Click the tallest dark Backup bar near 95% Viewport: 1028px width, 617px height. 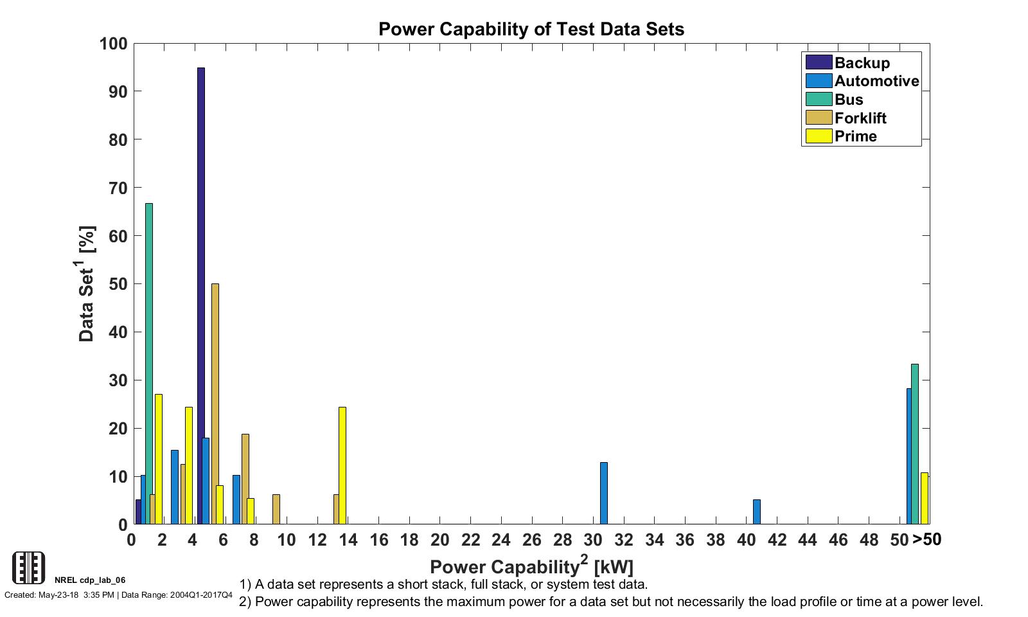click(x=201, y=296)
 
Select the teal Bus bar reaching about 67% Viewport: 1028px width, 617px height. click(x=149, y=363)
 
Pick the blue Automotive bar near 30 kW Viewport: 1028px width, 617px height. click(x=604, y=493)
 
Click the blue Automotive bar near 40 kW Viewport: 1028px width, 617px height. click(x=757, y=512)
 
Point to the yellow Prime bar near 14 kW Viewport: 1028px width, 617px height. click(x=342, y=465)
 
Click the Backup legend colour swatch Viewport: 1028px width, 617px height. click(x=819, y=62)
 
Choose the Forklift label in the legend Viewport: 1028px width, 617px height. click(x=860, y=118)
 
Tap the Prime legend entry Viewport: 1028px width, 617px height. click(x=855, y=136)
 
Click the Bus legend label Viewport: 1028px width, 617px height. click(x=849, y=100)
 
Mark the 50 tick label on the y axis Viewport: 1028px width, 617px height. click(x=118, y=284)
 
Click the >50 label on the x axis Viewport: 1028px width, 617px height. click(x=926, y=540)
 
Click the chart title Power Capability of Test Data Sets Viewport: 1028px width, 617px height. click(x=531, y=30)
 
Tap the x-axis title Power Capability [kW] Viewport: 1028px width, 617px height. click(x=531, y=566)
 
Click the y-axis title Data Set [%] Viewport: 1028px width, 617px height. click(x=87, y=283)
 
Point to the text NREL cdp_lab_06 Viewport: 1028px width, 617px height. click(x=90, y=580)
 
